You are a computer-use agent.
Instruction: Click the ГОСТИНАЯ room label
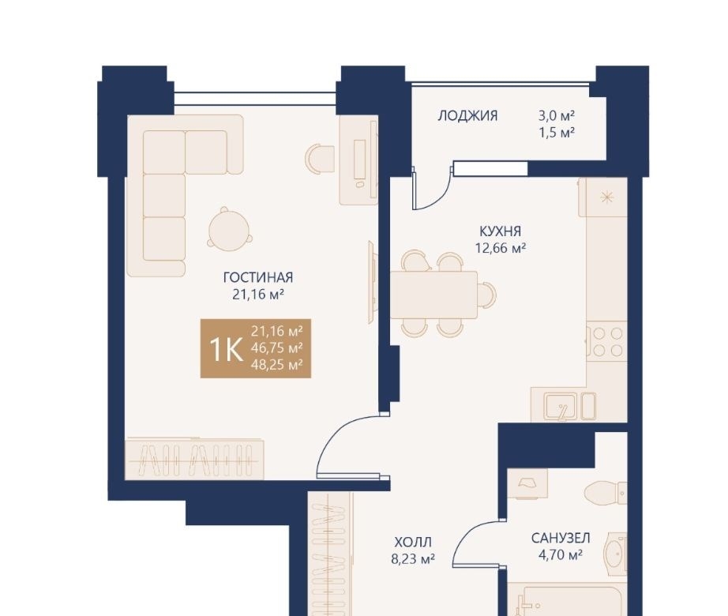(258, 277)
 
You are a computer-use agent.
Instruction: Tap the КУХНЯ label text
(500, 231)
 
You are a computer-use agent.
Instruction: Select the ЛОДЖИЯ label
(467, 115)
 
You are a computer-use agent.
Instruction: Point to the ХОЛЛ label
(413, 542)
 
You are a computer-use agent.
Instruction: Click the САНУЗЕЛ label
(561, 538)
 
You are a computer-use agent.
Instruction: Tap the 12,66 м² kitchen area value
(500, 248)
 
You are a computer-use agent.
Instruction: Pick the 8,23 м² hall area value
(413, 559)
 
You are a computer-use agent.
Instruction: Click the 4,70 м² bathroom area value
(561, 554)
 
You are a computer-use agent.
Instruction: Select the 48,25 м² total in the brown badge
(276, 365)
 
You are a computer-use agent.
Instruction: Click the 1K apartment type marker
(226, 349)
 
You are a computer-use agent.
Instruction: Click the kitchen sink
(561, 406)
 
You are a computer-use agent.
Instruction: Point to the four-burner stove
(607, 341)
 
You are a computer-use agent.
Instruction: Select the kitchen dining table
(433, 295)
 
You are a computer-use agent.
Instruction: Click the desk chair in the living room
(320, 158)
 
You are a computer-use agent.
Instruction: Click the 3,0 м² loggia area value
(557, 115)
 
